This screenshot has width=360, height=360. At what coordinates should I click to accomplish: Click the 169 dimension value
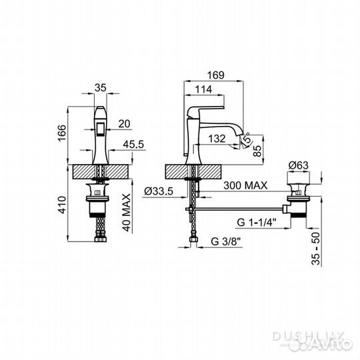tap(216, 75)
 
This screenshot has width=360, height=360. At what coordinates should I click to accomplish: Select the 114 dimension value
tap(203, 89)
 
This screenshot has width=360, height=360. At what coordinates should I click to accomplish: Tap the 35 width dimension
tap(101, 87)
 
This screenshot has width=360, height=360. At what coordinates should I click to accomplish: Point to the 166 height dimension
tap(62, 133)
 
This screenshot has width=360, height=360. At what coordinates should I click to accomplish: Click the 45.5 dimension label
tap(133, 144)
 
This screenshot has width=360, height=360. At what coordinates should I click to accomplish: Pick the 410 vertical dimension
tap(62, 205)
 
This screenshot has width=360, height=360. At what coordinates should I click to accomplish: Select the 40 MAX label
tap(127, 213)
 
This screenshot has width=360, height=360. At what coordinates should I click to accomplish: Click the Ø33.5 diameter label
tap(159, 191)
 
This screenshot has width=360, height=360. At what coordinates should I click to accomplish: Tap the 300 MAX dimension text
tap(245, 185)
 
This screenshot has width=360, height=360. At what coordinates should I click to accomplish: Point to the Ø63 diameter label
tap(299, 165)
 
